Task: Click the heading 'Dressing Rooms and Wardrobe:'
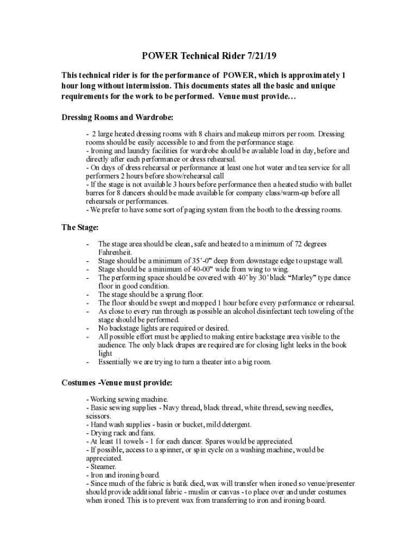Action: [x=118, y=117]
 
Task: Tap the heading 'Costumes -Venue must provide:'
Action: [x=118, y=383]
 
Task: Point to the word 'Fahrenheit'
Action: [x=116, y=252]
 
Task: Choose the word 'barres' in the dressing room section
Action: [x=96, y=193]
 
